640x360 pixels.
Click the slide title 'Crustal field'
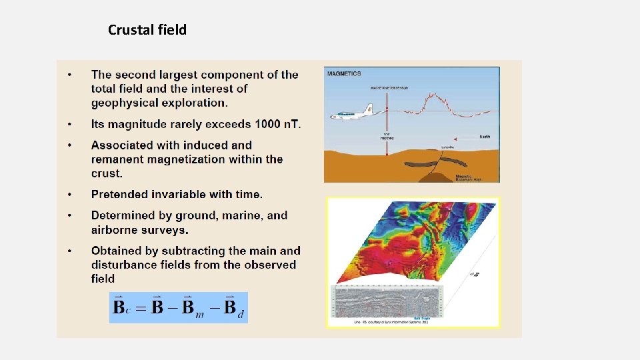(x=147, y=30)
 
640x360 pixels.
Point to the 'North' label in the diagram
(x=485, y=137)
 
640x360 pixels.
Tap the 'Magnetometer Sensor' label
(x=388, y=87)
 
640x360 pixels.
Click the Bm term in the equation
(x=191, y=309)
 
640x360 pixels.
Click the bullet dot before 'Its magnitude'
(x=69, y=125)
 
